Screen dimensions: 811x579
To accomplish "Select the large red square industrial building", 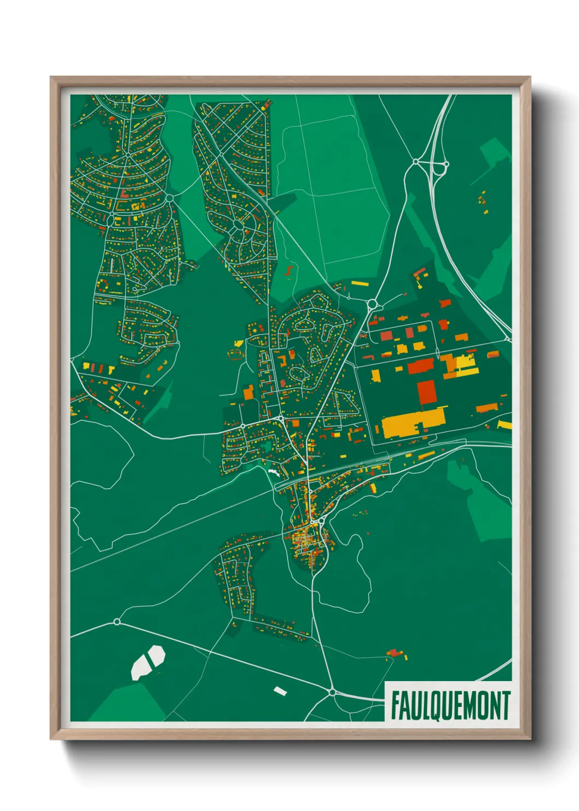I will (x=427, y=393).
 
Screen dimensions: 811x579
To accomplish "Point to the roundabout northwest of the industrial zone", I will (x=373, y=304).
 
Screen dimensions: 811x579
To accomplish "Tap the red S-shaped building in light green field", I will (x=289, y=270).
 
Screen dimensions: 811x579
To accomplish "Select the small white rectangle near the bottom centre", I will (x=280, y=690).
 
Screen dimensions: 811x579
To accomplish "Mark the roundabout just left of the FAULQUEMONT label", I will (x=332, y=693).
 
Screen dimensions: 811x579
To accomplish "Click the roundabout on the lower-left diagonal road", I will (x=117, y=621).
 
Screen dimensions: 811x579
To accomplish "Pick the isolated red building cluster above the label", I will (x=396, y=653).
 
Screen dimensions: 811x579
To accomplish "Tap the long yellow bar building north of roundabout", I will (x=360, y=284).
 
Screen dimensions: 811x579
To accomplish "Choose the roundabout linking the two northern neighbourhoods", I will (x=170, y=198).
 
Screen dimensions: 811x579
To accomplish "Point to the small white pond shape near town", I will (x=273, y=471).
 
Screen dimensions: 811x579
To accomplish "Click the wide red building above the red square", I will (x=420, y=366).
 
